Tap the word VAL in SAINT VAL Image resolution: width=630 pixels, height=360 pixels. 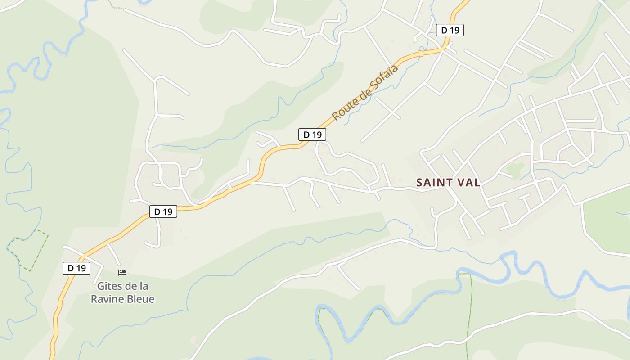tap(468, 183)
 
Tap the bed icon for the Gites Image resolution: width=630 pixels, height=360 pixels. tap(122, 272)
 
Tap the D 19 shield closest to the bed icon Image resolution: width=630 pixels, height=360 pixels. tap(76, 268)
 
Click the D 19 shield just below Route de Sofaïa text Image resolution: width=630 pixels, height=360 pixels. tap(312, 134)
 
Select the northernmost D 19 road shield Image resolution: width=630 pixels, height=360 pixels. tap(450, 30)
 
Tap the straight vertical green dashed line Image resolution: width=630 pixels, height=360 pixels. tap(469, 315)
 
